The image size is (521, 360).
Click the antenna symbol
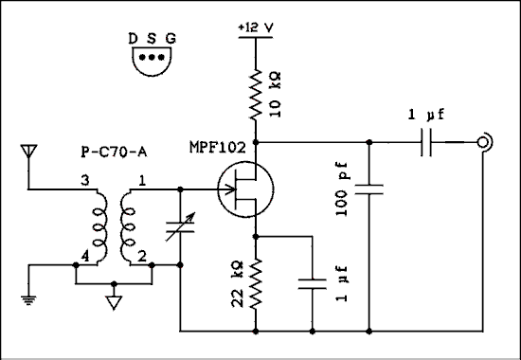click(x=28, y=153)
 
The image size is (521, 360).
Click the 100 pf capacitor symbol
click(x=369, y=189)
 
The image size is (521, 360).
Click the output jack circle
click(x=483, y=142)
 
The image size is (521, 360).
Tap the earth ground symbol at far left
click(x=28, y=301)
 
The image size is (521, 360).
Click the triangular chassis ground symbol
click(x=115, y=303)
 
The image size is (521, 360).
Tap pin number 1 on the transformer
click(x=143, y=180)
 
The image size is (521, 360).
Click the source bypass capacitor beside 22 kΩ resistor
click(x=313, y=281)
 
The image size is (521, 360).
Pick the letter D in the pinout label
click(x=135, y=39)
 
